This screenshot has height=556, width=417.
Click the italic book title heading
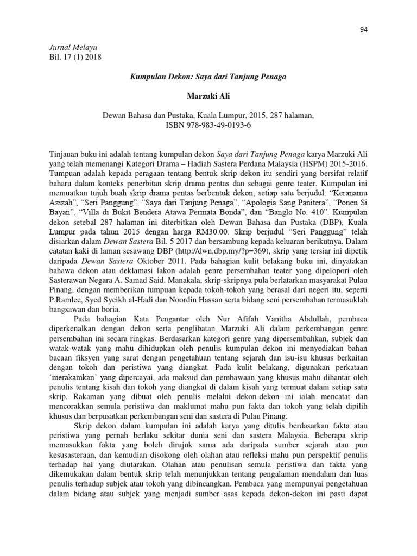coord(208,77)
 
